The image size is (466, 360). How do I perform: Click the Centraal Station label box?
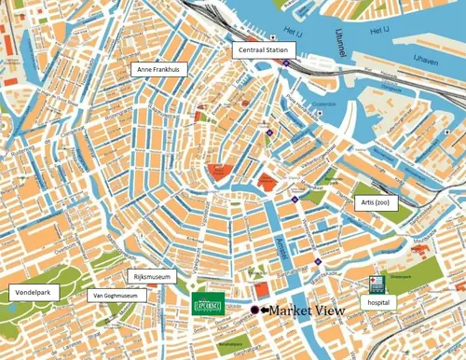click(262, 49)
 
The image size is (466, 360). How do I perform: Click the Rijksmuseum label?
click(150, 276)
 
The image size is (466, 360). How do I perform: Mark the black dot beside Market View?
click(254, 310)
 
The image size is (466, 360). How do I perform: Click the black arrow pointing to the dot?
click(264, 310)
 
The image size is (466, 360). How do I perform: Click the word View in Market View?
click(328, 310)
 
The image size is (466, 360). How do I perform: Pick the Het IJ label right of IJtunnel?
click(378, 31)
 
